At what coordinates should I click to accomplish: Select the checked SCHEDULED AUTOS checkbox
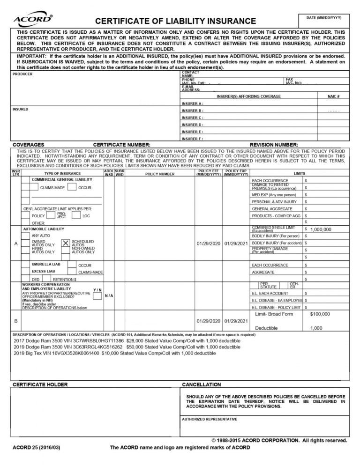pyautogui.click(x=66, y=243)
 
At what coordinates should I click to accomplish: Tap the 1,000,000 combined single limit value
pyautogui.click(x=321, y=229)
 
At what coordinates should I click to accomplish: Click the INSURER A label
pyautogui.click(x=192, y=103)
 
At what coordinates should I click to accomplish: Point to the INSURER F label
pyautogui.click(x=192, y=139)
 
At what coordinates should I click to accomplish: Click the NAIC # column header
pyautogui.click(x=334, y=96)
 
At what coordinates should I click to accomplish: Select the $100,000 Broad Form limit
pyautogui.click(x=320, y=314)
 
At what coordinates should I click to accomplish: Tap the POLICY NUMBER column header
pyautogui.click(x=160, y=174)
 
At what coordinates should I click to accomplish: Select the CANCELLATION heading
pyautogui.click(x=201, y=384)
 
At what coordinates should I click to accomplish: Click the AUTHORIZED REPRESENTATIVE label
pyautogui.click(x=210, y=419)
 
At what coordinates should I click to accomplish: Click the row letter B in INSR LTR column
pyautogui.click(x=16, y=321)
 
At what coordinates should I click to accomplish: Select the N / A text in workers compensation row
pyautogui.click(x=108, y=296)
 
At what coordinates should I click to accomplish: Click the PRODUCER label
pyautogui.click(x=22, y=74)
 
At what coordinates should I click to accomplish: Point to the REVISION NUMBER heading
pyautogui.click(x=274, y=145)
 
